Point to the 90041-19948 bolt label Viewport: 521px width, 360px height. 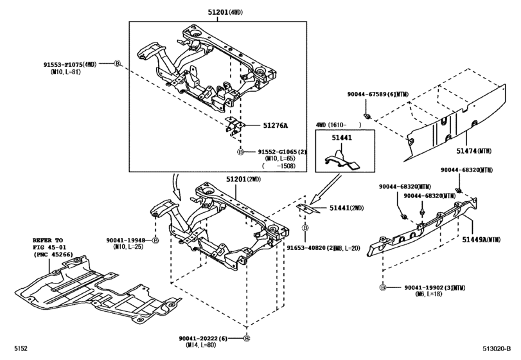[129, 239]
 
